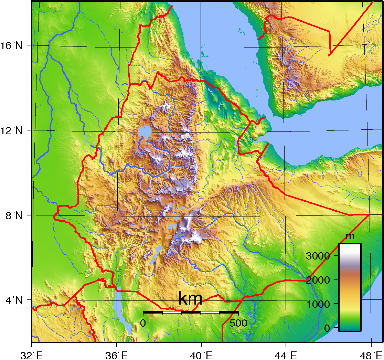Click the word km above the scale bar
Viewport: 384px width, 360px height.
pyautogui.click(x=190, y=299)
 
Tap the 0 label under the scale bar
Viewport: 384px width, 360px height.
pyautogui.click(x=143, y=323)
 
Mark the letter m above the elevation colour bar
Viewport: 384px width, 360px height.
pyautogui.click(x=350, y=236)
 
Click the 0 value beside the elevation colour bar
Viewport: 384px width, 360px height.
pyautogui.click(x=327, y=328)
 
